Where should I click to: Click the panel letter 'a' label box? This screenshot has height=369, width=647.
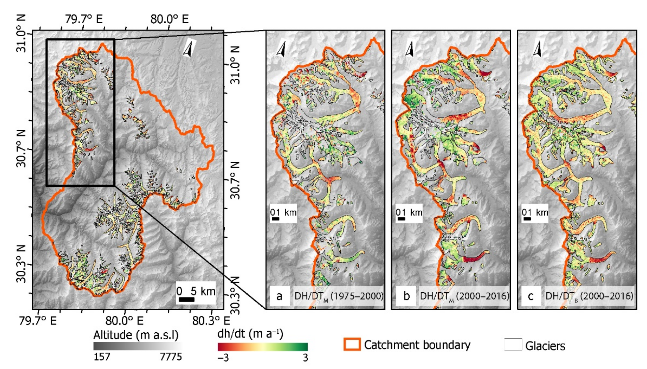click(279, 296)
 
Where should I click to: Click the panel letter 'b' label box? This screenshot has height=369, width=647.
click(406, 296)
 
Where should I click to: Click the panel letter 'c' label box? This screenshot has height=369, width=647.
click(531, 296)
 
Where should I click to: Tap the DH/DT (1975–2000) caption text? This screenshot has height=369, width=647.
click(339, 296)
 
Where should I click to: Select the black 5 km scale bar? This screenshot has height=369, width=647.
click(187, 299)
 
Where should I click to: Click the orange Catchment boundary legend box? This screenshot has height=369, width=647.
click(352, 344)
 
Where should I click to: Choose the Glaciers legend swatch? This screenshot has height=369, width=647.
click(513, 344)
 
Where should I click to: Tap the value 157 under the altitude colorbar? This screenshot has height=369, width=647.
click(102, 357)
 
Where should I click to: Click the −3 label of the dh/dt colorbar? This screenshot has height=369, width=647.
click(223, 358)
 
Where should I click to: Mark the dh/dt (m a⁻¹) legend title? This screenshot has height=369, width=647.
click(250, 334)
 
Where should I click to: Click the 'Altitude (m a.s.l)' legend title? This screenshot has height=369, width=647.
click(136, 335)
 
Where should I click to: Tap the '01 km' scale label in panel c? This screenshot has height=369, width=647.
click(535, 212)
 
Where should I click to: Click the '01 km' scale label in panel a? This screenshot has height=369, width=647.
click(283, 212)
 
